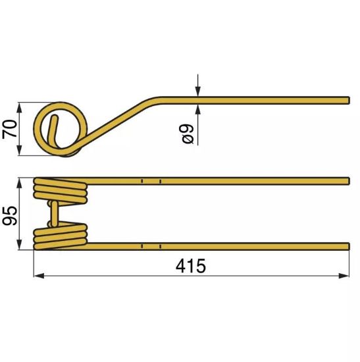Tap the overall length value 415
[191, 266]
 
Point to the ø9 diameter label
[188, 134]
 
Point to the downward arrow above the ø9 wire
[197, 93]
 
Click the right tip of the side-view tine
[347, 100]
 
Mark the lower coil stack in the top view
[61, 236]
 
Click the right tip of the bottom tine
[347, 246]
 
